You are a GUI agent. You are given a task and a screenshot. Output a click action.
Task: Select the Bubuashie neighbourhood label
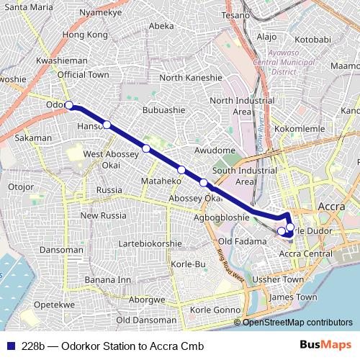(x=165, y=111)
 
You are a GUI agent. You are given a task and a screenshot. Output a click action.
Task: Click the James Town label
(x=292, y=297)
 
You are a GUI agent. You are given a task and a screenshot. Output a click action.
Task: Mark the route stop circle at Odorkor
(x=69, y=105)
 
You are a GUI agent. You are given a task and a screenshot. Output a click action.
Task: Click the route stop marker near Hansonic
(x=107, y=125)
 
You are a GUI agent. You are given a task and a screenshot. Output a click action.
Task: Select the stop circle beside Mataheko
(x=181, y=170)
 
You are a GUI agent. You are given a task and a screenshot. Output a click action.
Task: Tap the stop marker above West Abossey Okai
(x=146, y=148)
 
